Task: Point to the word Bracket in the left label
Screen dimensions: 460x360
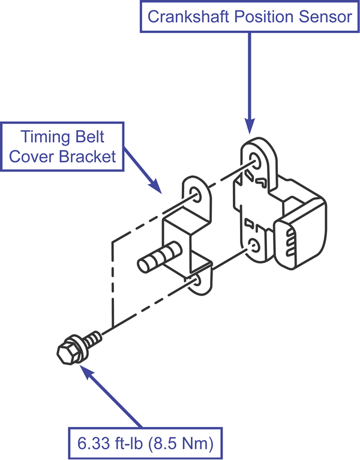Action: click(93, 157)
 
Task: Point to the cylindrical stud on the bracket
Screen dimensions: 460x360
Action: click(157, 257)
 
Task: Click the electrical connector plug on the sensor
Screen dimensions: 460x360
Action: click(300, 240)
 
